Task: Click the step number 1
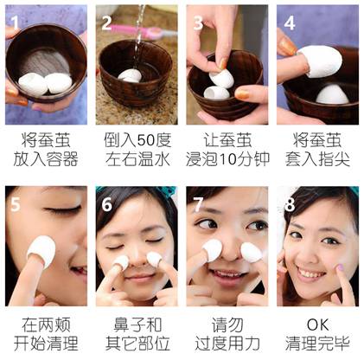tap(15, 22)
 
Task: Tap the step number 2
tap(106, 23)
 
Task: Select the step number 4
tap(289, 23)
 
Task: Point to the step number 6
tap(106, 204)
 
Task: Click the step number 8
tap(289, 204)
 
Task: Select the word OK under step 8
tap(317, 325)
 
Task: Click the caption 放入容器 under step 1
tap(46, 159)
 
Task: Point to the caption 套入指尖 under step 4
tap(317, 159)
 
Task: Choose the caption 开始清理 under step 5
tap(46, 344)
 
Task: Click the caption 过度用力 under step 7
tap(227, 344)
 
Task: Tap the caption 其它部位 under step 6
tap(137, 344)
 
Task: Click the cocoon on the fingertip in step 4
tap(322, 61)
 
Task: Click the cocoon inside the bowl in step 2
tap(130, 75)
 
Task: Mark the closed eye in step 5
tap(63, 210)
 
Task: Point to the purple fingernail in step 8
tap(341, 267)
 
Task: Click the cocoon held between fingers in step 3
tap(221, 79)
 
